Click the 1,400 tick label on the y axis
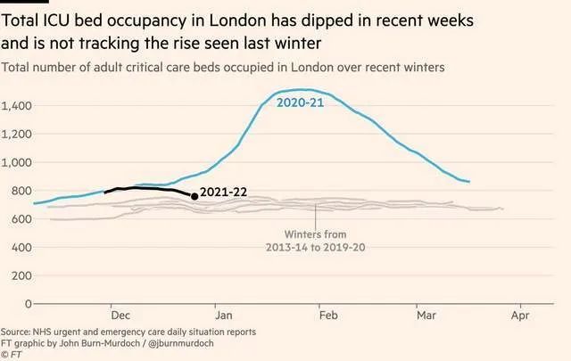(x=19, y=106)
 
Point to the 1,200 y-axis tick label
(x=19, y=135)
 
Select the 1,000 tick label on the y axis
(x=19, y=163)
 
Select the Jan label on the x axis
(x=225, y=316)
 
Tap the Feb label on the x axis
(x=328, y=316)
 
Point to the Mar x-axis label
(x=425, y=316)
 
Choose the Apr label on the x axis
(x=520, y=316)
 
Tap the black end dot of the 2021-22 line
(x=195, y=196)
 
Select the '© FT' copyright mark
(x=12, y=355)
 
